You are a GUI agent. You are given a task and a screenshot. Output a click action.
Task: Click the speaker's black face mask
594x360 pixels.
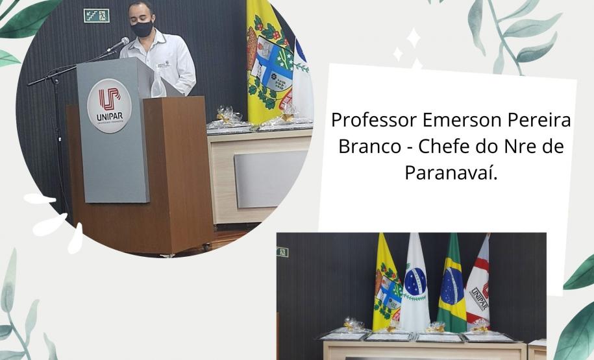click(142, 29)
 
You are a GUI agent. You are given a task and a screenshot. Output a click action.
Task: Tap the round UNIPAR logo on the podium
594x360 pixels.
click(108, 106)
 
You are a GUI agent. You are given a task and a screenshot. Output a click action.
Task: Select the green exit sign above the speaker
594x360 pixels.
click(96, 15)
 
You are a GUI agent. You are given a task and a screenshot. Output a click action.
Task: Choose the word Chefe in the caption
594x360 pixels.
click(447, 147)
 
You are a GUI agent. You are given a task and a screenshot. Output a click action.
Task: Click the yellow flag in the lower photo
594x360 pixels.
click(387, 285)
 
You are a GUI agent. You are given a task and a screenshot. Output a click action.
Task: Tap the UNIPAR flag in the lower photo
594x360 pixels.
click(479, 285)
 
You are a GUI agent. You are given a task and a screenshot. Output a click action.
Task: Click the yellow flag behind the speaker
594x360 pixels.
click(267, 62)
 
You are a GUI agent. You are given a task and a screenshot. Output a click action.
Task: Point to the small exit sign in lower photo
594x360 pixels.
click(282, 252)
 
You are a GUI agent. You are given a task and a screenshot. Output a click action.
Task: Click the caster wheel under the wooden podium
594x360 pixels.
click(207, 246)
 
